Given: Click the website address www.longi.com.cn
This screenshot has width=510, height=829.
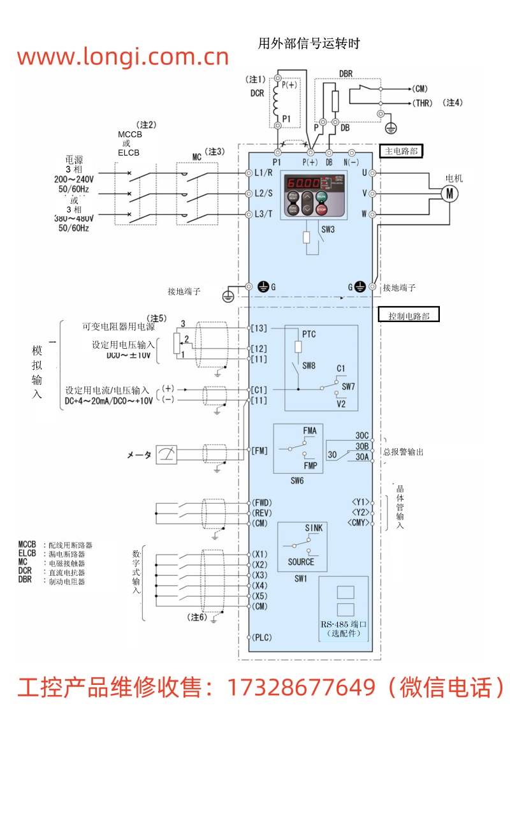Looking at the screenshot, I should pos(122,57).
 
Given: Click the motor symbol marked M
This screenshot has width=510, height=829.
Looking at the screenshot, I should pos(450,193).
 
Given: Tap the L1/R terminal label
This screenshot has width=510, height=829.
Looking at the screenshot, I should pos(264,173).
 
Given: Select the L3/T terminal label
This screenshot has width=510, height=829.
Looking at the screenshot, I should pos(264,214).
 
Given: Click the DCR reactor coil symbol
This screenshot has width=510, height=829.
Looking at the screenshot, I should pos(277,99).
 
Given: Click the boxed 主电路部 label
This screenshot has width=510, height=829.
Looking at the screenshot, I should pos(402,151).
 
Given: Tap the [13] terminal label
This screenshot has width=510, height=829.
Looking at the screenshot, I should pos(259,328).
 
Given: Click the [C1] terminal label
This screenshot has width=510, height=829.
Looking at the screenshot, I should pos(259,389).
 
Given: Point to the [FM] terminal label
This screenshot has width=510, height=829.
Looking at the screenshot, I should pos(259,451).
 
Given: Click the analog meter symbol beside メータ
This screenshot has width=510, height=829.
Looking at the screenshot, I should pos(166,455).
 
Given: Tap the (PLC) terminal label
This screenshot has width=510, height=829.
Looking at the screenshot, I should pos(262,637).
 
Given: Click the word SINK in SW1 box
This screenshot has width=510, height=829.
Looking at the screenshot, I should pos(314,528).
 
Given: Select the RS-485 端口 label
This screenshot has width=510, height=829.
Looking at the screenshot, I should pos(344,623).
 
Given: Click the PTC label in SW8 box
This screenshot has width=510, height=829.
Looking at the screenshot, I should pos(309,334).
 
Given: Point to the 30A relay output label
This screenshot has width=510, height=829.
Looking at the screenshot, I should pos(361,457).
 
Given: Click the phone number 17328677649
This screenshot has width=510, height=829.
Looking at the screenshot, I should pos(301,687).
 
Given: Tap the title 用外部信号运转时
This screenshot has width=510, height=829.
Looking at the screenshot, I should pos(309,43).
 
